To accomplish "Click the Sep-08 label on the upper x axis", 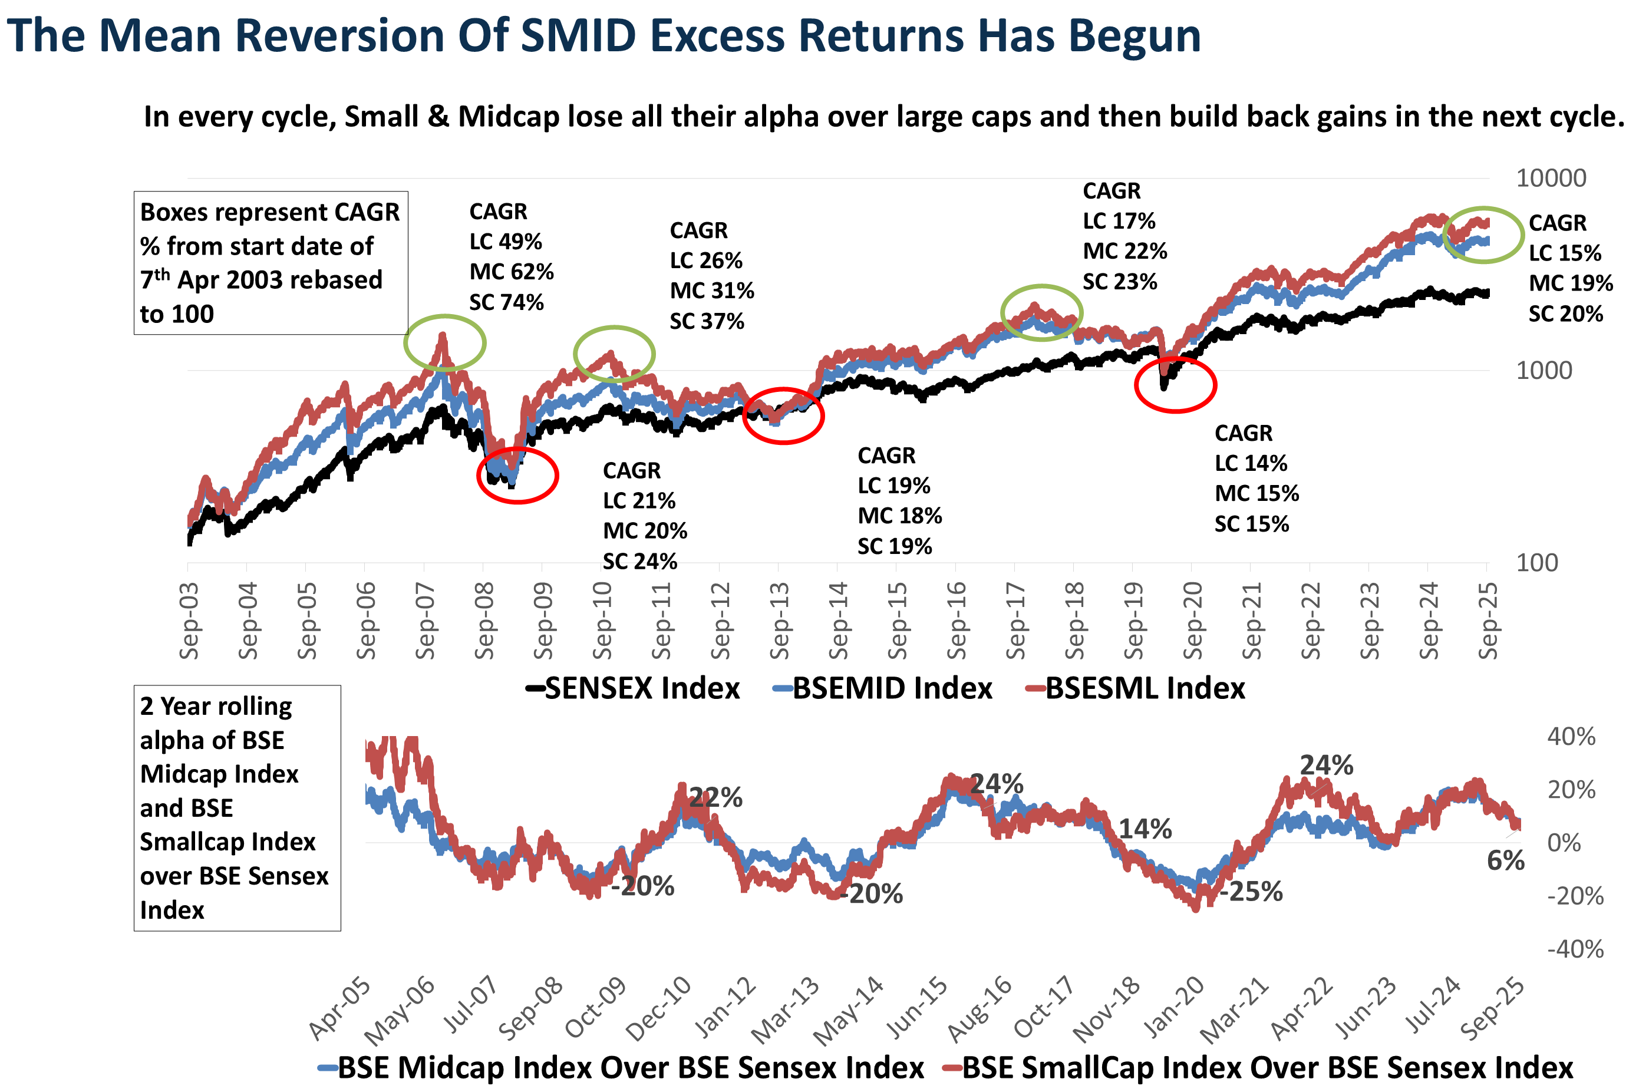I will [x=483, y=621].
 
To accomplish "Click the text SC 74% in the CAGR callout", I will [x=506, y=302].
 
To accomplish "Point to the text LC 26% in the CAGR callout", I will [x=705, y=260].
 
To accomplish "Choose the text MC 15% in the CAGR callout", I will [x=1256, y=494].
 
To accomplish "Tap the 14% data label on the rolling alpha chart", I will [x=1146, y=829].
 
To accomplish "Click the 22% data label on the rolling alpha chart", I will [x=716, y=797].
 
